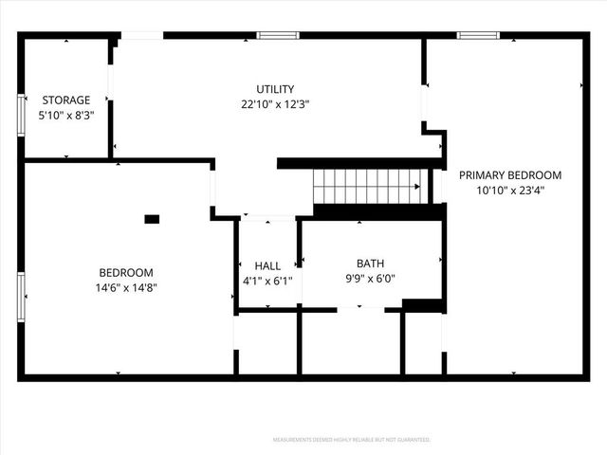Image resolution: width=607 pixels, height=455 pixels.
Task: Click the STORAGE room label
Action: click(65, 100)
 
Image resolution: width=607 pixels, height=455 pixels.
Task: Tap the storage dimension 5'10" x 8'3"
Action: click(65, 115)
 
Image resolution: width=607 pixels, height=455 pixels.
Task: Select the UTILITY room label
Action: click(275, 89)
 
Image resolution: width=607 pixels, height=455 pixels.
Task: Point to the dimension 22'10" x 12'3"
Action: click(275, 104)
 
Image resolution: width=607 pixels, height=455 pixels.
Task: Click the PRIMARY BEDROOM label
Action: click(510, 174)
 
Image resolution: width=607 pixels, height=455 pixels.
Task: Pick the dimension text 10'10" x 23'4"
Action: click(510, 190)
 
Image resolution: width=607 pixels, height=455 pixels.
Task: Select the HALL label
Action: click(267, 265)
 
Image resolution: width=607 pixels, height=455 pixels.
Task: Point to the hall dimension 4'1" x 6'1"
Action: click(267, 281)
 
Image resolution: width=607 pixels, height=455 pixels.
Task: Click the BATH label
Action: click(370, 264)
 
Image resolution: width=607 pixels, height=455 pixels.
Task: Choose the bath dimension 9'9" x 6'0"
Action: click(370, 279)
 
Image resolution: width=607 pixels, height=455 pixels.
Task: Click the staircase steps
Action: click(367, 186)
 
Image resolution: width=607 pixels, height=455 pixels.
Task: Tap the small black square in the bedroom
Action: click(152, 219)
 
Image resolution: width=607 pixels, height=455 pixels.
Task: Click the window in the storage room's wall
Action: click(21, 115)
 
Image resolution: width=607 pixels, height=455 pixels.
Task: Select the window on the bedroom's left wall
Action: click(21, 297)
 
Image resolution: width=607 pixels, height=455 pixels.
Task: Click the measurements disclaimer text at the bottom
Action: click(351, 440)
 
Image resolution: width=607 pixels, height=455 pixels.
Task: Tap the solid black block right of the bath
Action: click(422, 304)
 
